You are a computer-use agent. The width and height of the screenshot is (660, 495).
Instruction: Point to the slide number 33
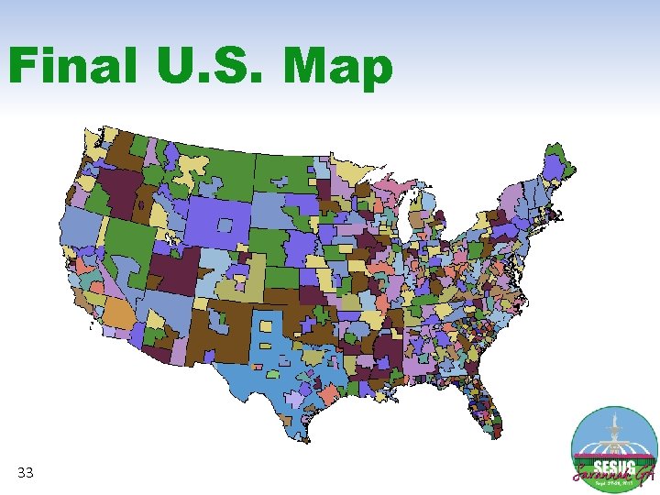[26, 473]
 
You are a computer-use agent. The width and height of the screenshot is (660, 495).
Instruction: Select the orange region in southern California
[117, 313]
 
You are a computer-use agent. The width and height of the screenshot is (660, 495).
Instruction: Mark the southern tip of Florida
[496, 431]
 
